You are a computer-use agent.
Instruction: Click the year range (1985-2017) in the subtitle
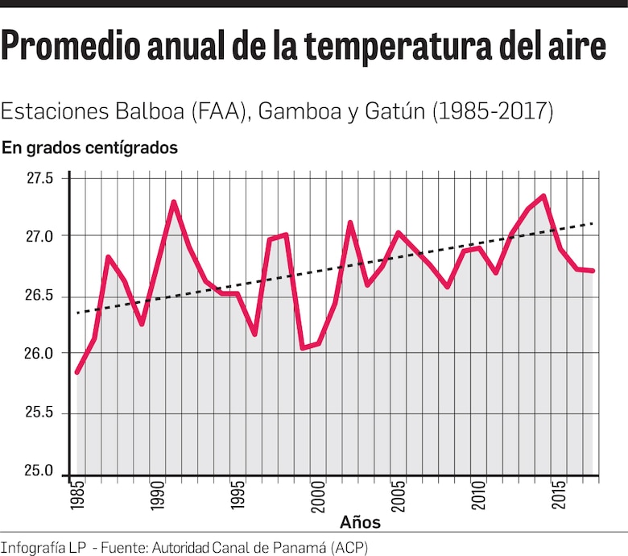click(x=493, y=111)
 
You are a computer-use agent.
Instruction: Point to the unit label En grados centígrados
click(x=89, y=148)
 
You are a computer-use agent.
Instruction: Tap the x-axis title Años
click(x=360, y=522)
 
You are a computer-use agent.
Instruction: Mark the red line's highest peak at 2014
click(x=544, y=196)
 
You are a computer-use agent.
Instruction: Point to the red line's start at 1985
click(x=76, y=372)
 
